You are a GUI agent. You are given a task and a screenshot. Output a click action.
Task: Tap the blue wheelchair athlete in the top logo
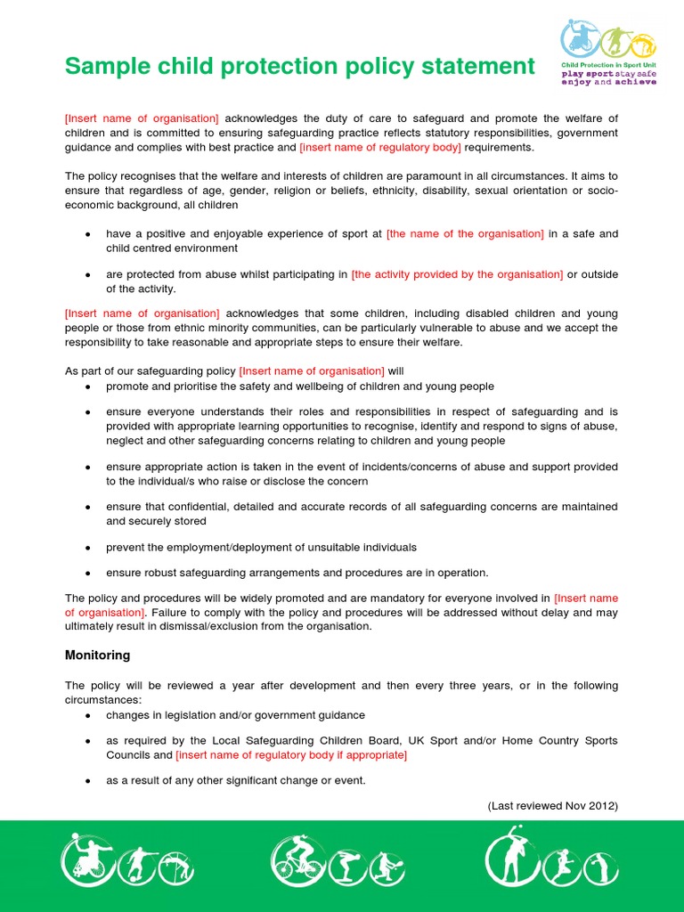click(578, 39)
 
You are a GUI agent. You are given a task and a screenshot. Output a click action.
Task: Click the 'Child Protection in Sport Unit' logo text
click(608, 66)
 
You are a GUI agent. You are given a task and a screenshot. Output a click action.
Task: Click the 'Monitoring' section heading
click(97, 655)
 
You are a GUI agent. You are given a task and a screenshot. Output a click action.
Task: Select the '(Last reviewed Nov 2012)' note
click(552, 806)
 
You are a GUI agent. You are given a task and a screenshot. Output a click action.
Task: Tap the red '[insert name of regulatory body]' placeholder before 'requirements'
click(380, 147)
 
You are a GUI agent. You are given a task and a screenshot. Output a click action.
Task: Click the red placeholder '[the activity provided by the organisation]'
click(457, 274)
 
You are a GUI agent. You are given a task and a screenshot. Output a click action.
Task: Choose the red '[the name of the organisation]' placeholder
click(465, 233)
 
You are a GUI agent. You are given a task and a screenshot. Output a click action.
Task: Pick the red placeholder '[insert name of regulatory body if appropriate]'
click(291, 755)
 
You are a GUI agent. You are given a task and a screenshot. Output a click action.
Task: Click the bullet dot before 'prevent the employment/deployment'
click(87, 548)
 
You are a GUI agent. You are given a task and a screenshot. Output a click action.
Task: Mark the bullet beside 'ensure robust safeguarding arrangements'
click(87, 574)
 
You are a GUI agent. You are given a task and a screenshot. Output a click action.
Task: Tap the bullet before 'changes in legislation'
click(87, 715)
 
